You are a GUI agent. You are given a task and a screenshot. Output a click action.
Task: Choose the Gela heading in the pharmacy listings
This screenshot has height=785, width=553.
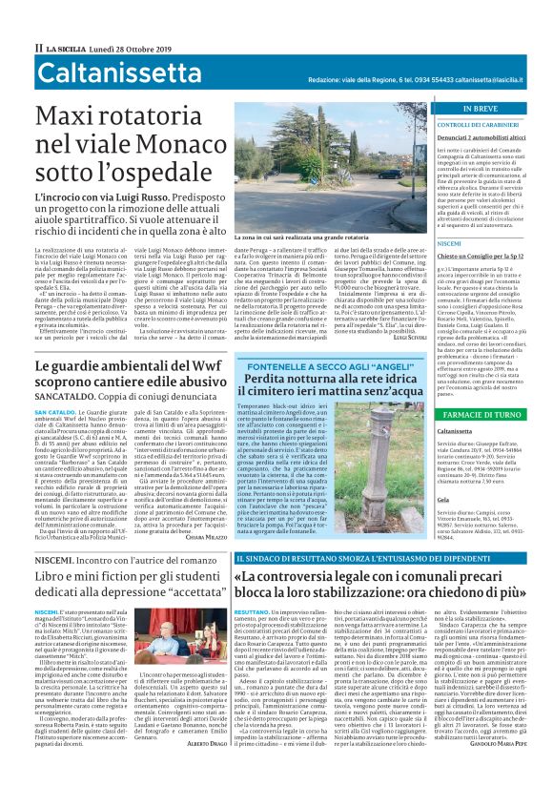(x=442, y=498)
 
